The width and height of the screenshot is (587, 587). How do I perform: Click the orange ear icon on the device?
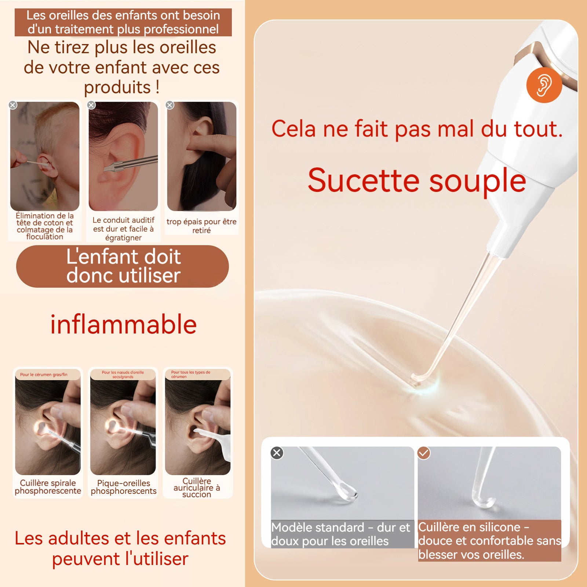point(544,85)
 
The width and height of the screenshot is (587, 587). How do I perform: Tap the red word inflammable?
point(123,324)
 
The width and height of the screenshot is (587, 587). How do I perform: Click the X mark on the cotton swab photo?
point(13,105)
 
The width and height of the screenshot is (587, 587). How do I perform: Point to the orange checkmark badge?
point(424,453)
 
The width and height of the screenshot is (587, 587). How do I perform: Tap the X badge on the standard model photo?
point(277,453)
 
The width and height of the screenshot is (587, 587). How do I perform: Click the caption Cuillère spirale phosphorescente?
point(48,487)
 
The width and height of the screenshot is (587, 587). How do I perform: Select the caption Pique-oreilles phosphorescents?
point(124,487)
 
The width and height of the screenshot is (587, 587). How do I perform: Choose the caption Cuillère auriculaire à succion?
point(197,488)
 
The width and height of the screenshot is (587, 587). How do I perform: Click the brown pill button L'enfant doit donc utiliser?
point(123,266)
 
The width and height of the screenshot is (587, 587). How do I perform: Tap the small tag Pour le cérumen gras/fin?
point(44,375)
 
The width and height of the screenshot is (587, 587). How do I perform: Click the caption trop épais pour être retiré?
point(201,226)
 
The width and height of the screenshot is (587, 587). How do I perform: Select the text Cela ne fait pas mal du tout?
point(417,129)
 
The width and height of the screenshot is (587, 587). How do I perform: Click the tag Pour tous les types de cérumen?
point(191,374)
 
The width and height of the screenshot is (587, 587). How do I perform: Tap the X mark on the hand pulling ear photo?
point(170,105)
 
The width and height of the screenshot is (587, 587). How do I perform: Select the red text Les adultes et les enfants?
point(120,539)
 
